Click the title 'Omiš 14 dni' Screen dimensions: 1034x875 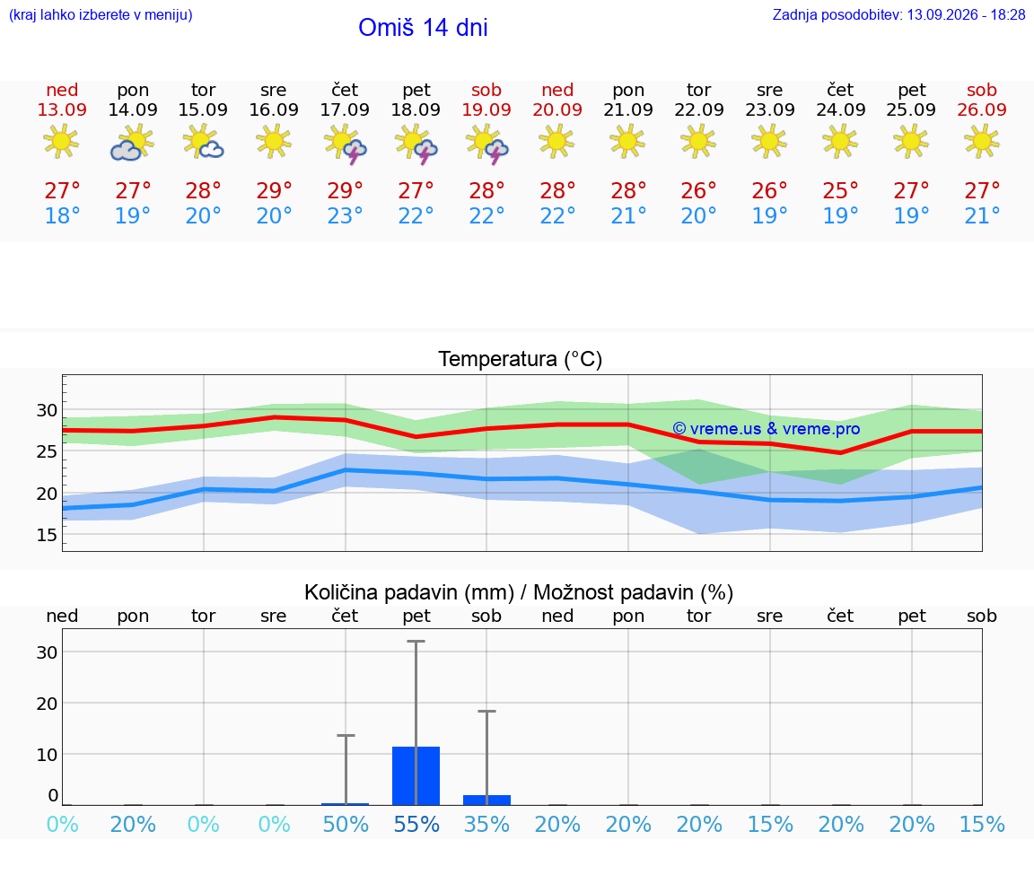tap(423, 28)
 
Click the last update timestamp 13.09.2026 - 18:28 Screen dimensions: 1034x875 tap(966, 14)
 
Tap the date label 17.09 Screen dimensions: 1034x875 tap(345, 109)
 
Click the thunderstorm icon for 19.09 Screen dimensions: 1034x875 tap(486, 144)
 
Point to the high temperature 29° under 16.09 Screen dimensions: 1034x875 tap(274, 190)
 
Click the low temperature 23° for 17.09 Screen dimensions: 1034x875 tap(345, 215)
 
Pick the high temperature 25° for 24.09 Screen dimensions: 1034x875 tap(840, 190)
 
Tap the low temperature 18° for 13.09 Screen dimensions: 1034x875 tap(62, 215)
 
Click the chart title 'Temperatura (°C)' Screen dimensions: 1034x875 tap(521, 359)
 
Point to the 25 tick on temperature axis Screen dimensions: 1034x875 tap(47, 451)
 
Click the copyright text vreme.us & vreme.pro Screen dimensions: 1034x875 tap(767, 429)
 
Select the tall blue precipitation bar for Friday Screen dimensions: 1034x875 tap(416, 776)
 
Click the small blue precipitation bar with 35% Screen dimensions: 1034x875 tap(486, 800)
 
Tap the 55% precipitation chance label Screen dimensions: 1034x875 tap(416, 824)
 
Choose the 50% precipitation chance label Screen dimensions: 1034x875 tap(345, 824)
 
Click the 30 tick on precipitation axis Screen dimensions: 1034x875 tap(47, 652)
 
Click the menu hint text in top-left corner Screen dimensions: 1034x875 tap(101, 14)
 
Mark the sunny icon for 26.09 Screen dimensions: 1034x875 tap(982, 142)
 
